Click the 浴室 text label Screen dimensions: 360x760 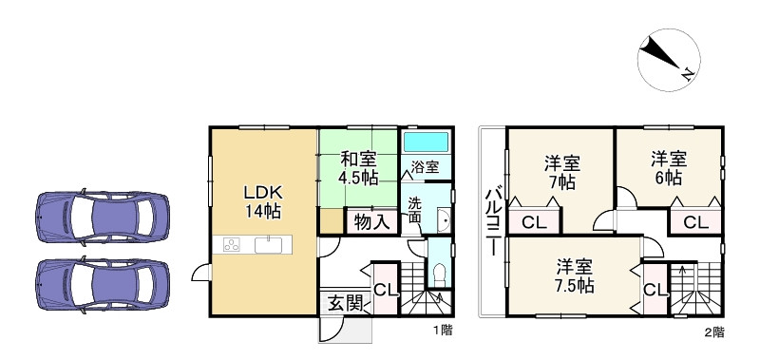coord(425,167)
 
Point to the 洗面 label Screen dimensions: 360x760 coord(417,210)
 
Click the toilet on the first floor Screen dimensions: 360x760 coord(438,274)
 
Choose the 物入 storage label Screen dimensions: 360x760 coord(370,222)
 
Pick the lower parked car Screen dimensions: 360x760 coord(103,279)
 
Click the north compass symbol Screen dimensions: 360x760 coord(664,57)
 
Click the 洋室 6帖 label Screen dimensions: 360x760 coord(668,166)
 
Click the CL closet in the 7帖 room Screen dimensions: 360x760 coord(534,222)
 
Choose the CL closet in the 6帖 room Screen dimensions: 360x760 coord(695,223)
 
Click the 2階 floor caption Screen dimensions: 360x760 coord(713,332)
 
